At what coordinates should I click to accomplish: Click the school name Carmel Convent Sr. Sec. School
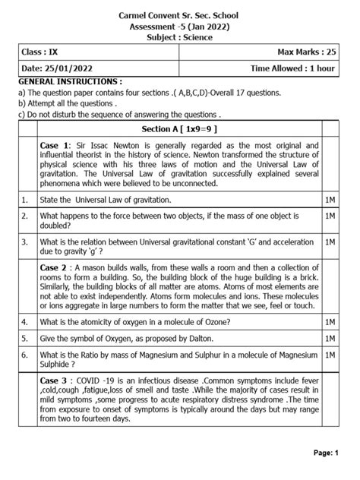(180, 14)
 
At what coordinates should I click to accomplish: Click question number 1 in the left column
(25, 200)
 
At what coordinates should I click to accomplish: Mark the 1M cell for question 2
(330, 217)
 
